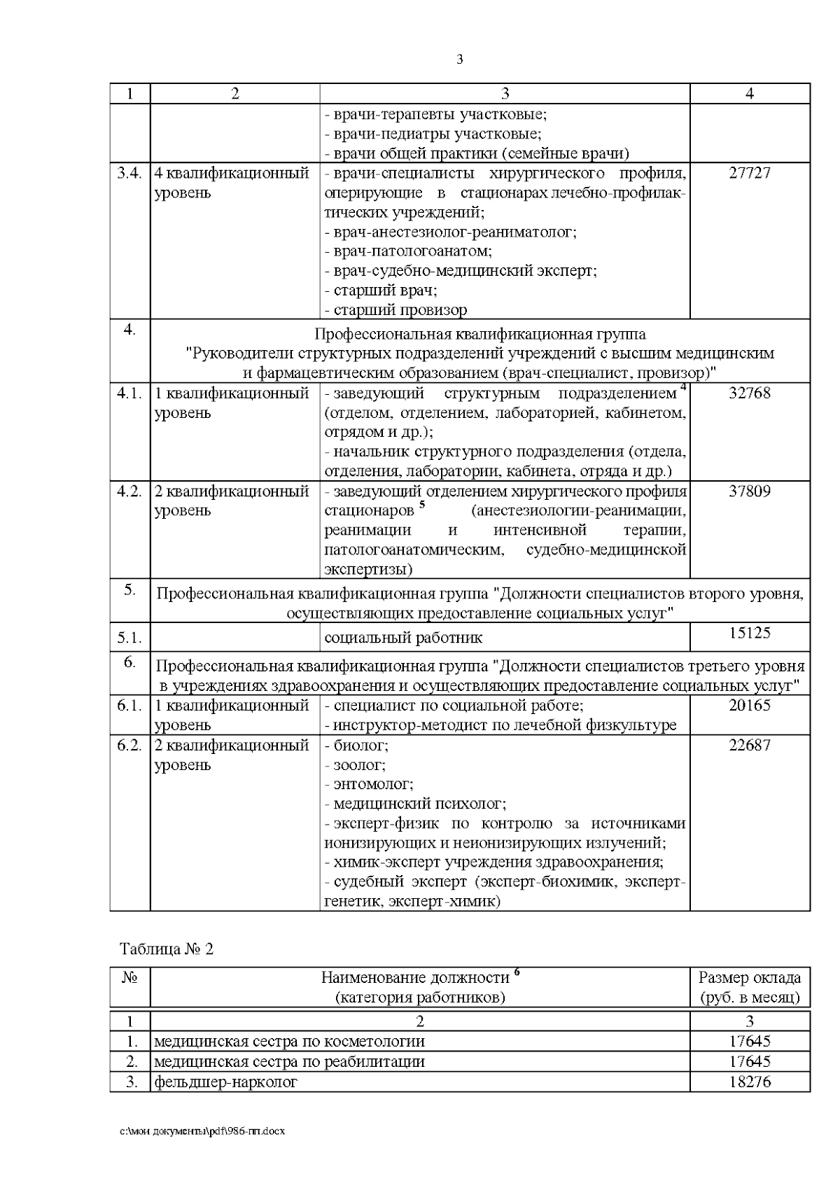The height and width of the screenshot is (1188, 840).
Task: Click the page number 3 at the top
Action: pos(459,60)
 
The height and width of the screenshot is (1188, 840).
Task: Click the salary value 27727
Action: pos(750,174)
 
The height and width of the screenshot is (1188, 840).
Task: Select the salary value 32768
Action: pos(750,393)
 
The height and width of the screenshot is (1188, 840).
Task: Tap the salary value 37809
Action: pos(750,491)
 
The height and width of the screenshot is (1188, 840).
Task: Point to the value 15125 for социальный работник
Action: pos(750,633)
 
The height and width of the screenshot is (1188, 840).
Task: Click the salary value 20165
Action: pos(750,706)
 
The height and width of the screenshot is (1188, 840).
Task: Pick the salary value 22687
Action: pos(750,746)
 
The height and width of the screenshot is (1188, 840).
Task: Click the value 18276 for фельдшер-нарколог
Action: pos(750,1082)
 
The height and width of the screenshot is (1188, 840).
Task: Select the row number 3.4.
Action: pos(129,174)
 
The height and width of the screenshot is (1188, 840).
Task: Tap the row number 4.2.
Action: pos(129,491)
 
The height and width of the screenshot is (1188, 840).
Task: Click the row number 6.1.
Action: pos(129,706)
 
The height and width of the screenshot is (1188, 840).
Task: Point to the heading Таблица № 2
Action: pos(167,949)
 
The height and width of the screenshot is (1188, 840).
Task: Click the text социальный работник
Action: pos(403,638)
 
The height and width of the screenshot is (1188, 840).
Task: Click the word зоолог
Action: pos(358,765)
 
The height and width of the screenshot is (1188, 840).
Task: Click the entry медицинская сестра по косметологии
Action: pos(289,1042)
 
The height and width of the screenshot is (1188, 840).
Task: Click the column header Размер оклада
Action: pos(750,978)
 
